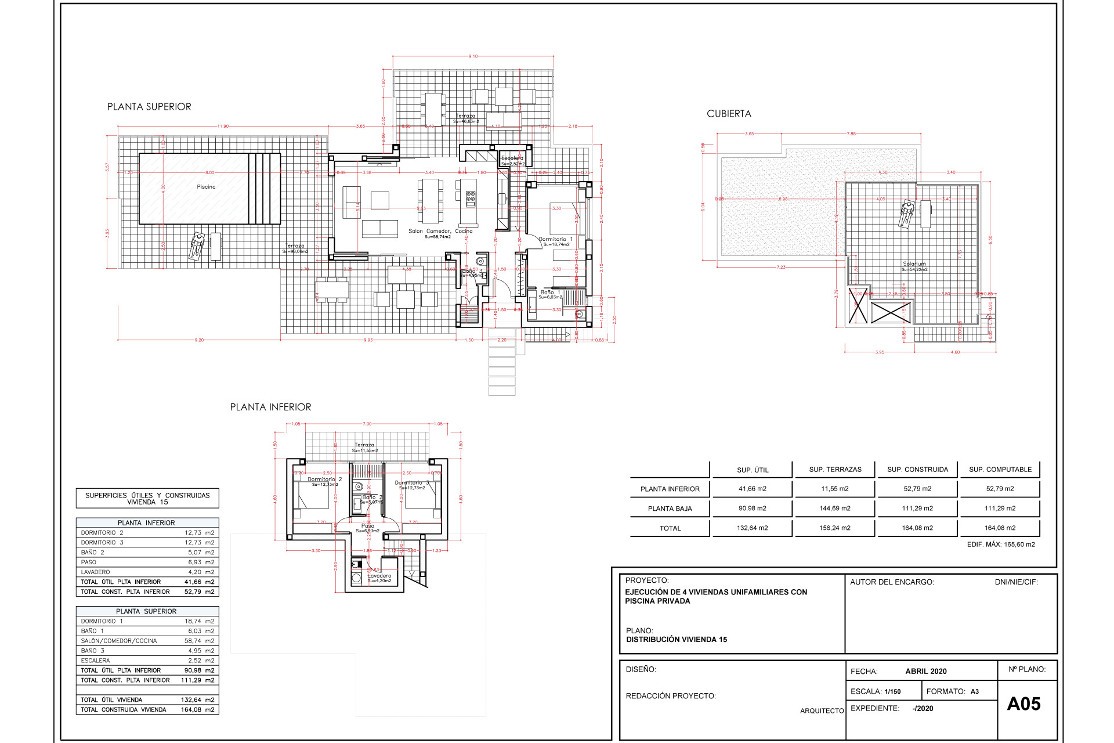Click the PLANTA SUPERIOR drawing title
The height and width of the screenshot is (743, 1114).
click(149, 107)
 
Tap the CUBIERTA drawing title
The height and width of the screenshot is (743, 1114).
click(729, 114)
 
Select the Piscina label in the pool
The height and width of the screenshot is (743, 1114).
click(206, 187)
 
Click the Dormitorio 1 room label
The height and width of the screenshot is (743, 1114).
click(555, 239)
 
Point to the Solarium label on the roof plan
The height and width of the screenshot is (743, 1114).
click(914, 264)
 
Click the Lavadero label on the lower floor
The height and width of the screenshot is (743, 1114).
click(379, 576)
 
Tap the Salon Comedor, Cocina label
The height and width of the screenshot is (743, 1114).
click(440, 231)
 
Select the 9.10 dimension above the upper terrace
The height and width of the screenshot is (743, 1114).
click(473, 56)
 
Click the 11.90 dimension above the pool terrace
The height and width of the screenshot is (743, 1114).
click(223, 126)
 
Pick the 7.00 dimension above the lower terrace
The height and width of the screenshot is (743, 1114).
click(367, 424)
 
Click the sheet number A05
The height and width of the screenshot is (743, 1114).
click(1023, 704)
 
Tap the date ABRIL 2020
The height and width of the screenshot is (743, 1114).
click(926, 671)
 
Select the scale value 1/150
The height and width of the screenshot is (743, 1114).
click(892, 691)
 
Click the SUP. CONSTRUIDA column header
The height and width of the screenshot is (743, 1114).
click(917, 470)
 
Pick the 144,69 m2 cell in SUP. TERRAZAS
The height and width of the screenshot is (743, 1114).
click(835, 508)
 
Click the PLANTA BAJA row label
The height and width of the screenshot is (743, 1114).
click(670, 508)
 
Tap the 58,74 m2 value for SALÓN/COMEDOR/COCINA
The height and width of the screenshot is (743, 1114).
click(199, 641)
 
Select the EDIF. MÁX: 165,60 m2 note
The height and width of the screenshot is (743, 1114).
click(1001, 544)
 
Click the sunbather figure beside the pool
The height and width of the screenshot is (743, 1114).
click(197, 246)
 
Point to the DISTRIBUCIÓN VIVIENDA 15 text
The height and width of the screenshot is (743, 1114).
click(677, 640)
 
